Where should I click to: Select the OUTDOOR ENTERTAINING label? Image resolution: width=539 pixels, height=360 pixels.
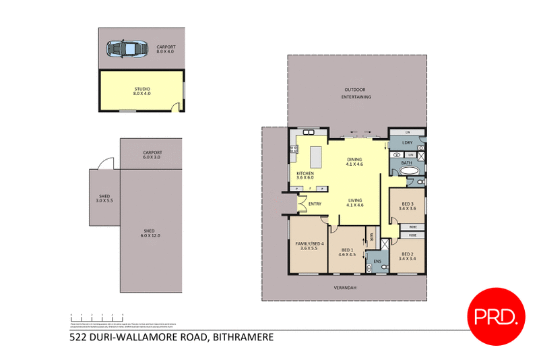click(358, 93)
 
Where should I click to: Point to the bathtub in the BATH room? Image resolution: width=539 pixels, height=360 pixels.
click(408, 172)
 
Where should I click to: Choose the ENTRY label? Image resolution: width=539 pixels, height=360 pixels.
click(315, 204)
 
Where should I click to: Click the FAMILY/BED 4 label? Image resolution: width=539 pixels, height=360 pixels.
click(309, 246)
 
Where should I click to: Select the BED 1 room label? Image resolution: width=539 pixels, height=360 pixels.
click(346, 251)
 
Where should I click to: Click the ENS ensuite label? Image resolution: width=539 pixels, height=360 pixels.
click(377, 261)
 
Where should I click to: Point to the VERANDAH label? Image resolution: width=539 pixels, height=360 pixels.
click(344, 288)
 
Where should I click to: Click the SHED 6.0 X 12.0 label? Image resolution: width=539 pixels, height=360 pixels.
click(150, 233)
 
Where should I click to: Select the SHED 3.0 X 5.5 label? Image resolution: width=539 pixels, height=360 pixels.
click(104, 198)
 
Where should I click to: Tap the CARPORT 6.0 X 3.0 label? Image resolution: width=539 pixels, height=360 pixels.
click(152, 154)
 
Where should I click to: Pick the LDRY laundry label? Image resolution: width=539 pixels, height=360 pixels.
click(407, 143)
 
